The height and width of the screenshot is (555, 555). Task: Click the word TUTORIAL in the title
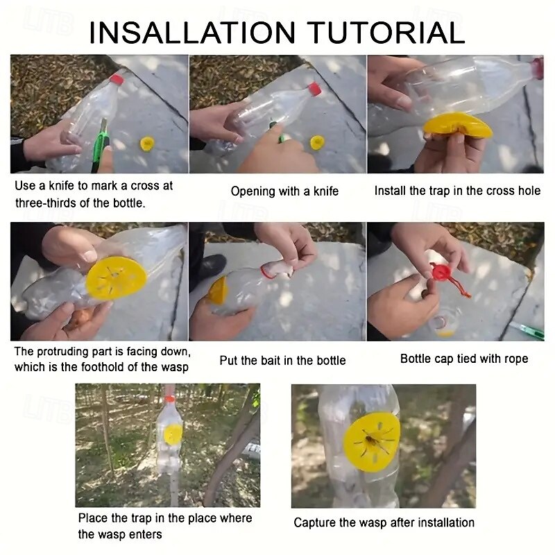(x=386, y=32)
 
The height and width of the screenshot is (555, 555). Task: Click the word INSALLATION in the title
(x=192, y=32)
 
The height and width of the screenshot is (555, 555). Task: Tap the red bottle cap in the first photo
(x=117, y=80)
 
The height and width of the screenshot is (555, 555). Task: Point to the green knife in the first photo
(x=101, y=146)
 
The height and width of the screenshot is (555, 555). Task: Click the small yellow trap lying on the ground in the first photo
(x=147, y=144)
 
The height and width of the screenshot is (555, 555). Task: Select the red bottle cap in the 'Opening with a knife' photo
(x=314, y=89)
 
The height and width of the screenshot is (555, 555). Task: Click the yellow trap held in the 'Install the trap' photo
(x=457, y=126)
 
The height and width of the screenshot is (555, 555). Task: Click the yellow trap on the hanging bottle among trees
(x=173, y=435)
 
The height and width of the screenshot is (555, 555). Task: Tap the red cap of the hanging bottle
(x=170, y=399)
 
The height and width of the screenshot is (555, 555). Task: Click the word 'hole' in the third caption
(x=529, y=191)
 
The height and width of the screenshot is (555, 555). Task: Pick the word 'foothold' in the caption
(x=103, y=367)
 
